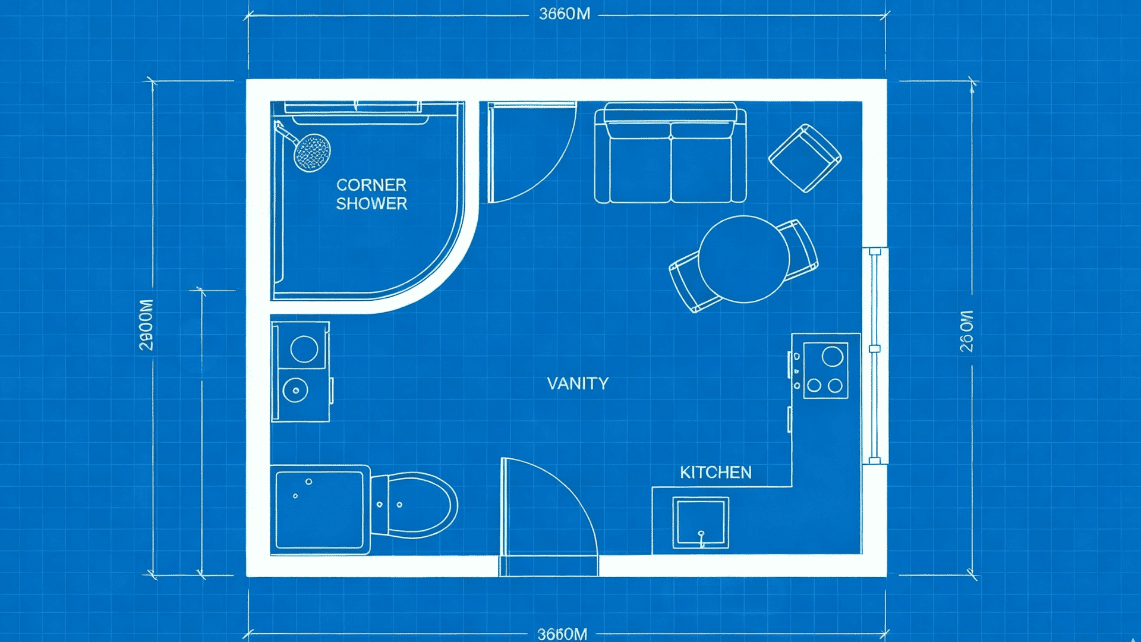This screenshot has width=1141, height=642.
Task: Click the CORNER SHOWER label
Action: (371, 194)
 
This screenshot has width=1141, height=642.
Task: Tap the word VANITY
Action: (578, 383)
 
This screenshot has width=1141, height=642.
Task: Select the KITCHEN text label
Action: (716, 473)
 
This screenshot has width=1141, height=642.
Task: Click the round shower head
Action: (312, 152)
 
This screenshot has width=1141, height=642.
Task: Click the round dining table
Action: (743, 259)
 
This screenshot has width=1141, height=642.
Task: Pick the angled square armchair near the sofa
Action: (805, 158)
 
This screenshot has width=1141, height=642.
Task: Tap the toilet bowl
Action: (420, 505)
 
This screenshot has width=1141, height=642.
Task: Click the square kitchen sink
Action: (701, 523)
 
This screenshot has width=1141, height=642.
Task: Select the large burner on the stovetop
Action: (832, 357)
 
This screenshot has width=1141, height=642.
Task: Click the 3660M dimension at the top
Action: (565, 14)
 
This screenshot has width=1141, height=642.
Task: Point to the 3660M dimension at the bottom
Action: (562, 634)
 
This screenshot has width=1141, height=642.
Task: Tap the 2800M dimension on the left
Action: (146, 325)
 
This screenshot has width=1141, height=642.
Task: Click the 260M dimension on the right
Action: (967, 331)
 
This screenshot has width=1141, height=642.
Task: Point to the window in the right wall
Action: (875, 355)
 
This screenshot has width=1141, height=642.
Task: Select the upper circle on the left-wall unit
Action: (304, 349)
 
